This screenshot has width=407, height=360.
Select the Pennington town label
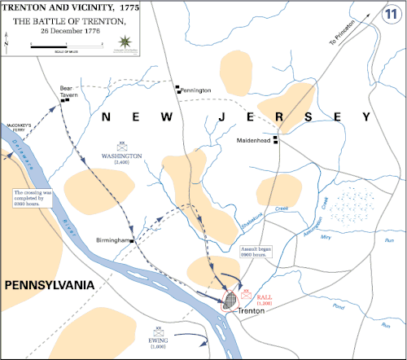tap(196, 90)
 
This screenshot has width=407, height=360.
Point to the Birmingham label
tap(114, 241)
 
